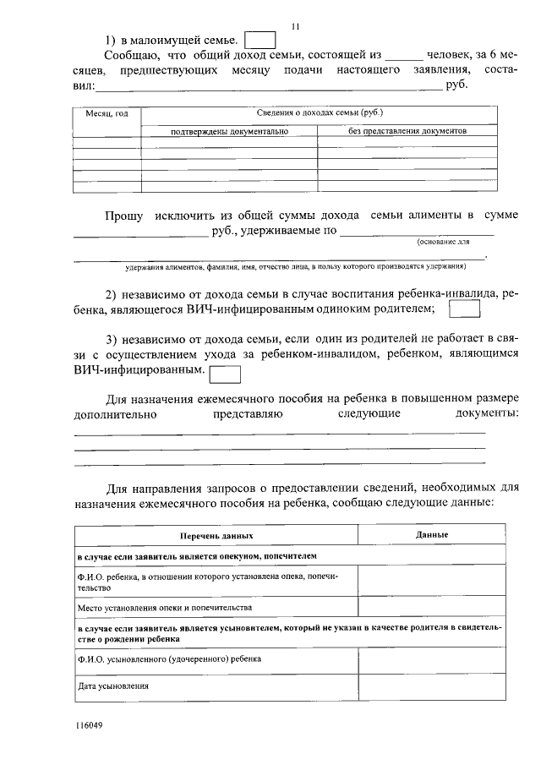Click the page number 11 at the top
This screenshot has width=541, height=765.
[x=294, y=25]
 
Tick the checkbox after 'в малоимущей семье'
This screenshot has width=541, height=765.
[x=260, y=41]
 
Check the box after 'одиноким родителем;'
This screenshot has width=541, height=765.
[x=463, y=310]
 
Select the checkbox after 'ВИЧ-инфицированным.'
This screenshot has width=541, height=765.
[x=224, y=373]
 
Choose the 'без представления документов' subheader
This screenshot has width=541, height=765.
[x=407, y=131]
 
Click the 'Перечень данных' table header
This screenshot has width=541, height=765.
[x=216, y=536]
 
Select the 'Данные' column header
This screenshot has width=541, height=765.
[x=432, y=535]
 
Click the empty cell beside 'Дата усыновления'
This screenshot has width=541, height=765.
[x=432, y=686]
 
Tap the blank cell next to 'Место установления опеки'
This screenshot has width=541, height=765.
[x=432, y=607]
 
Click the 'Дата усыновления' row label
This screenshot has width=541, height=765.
[x=112, y=686]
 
